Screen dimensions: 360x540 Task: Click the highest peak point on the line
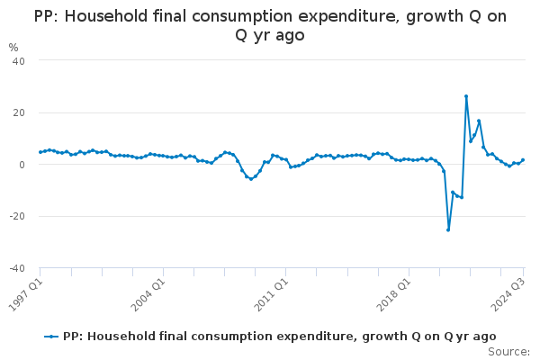click(x=466, y=96)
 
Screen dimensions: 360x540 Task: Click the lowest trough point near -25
click(x=448, y=229)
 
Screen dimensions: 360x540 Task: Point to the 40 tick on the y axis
click(x=18, y=60)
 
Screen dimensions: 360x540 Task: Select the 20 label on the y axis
click(x=18, y=112)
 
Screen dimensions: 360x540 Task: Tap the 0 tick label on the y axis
click(x=21, y=165)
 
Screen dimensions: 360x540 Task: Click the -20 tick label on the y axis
click(x=16, y=217)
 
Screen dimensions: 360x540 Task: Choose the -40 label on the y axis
click(x=16, y=268)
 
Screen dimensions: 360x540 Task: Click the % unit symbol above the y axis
click(x=13, y=47)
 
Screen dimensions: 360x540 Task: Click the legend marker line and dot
click(x=52, y=337)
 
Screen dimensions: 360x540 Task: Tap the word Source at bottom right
click(x=509, y=352)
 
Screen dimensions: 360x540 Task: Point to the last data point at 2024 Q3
click(x=523, y=160)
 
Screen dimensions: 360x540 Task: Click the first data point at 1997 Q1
click(x=40, y=152)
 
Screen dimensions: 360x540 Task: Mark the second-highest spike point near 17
click(x=479, y=121)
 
